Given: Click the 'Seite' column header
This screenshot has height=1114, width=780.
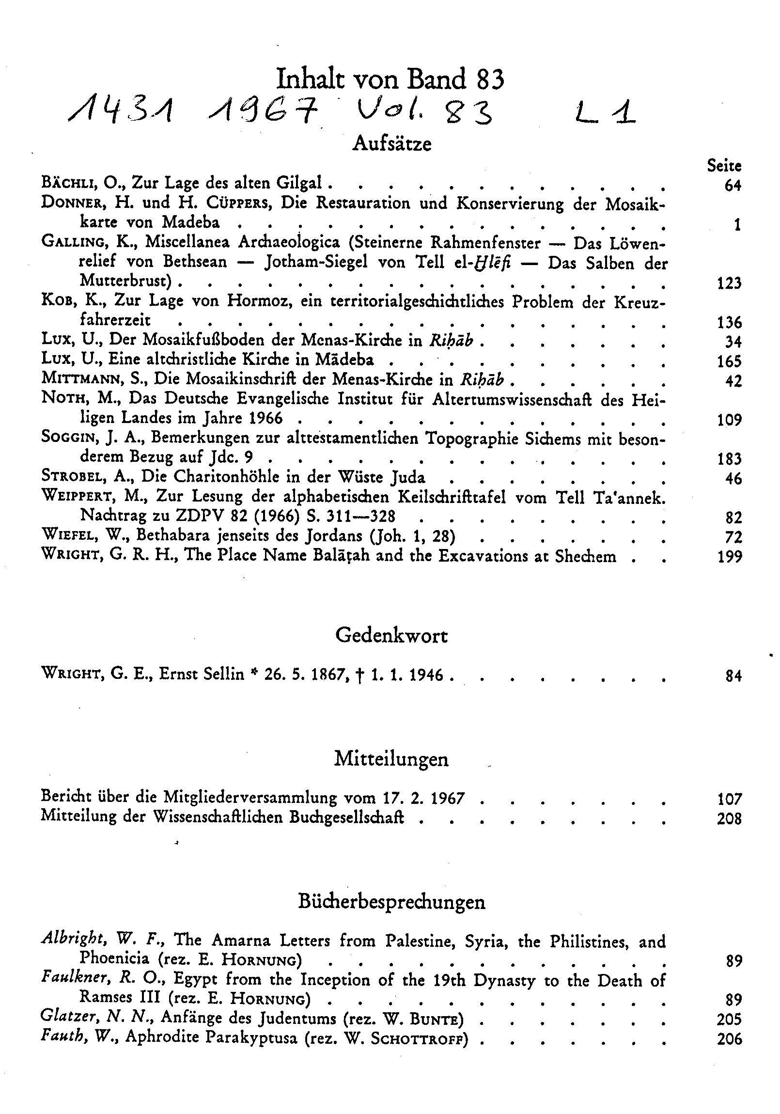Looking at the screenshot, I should pyautogui.click(x=724, y=165).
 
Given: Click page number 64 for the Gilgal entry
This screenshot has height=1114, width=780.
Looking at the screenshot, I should pyautogui.click(x=733, y=185).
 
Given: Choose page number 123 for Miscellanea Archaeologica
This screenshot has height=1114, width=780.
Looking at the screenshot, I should pyautogui.click(x=729, y=283).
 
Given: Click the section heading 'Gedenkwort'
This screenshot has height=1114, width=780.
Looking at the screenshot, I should pyautogui.click(x=391, y=636).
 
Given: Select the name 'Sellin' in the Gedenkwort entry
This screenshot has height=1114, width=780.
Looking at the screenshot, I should pyautogui.click(x=223, y=675).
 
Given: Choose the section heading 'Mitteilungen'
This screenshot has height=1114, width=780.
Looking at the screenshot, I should pyautogui.click(x=391, y=759).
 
